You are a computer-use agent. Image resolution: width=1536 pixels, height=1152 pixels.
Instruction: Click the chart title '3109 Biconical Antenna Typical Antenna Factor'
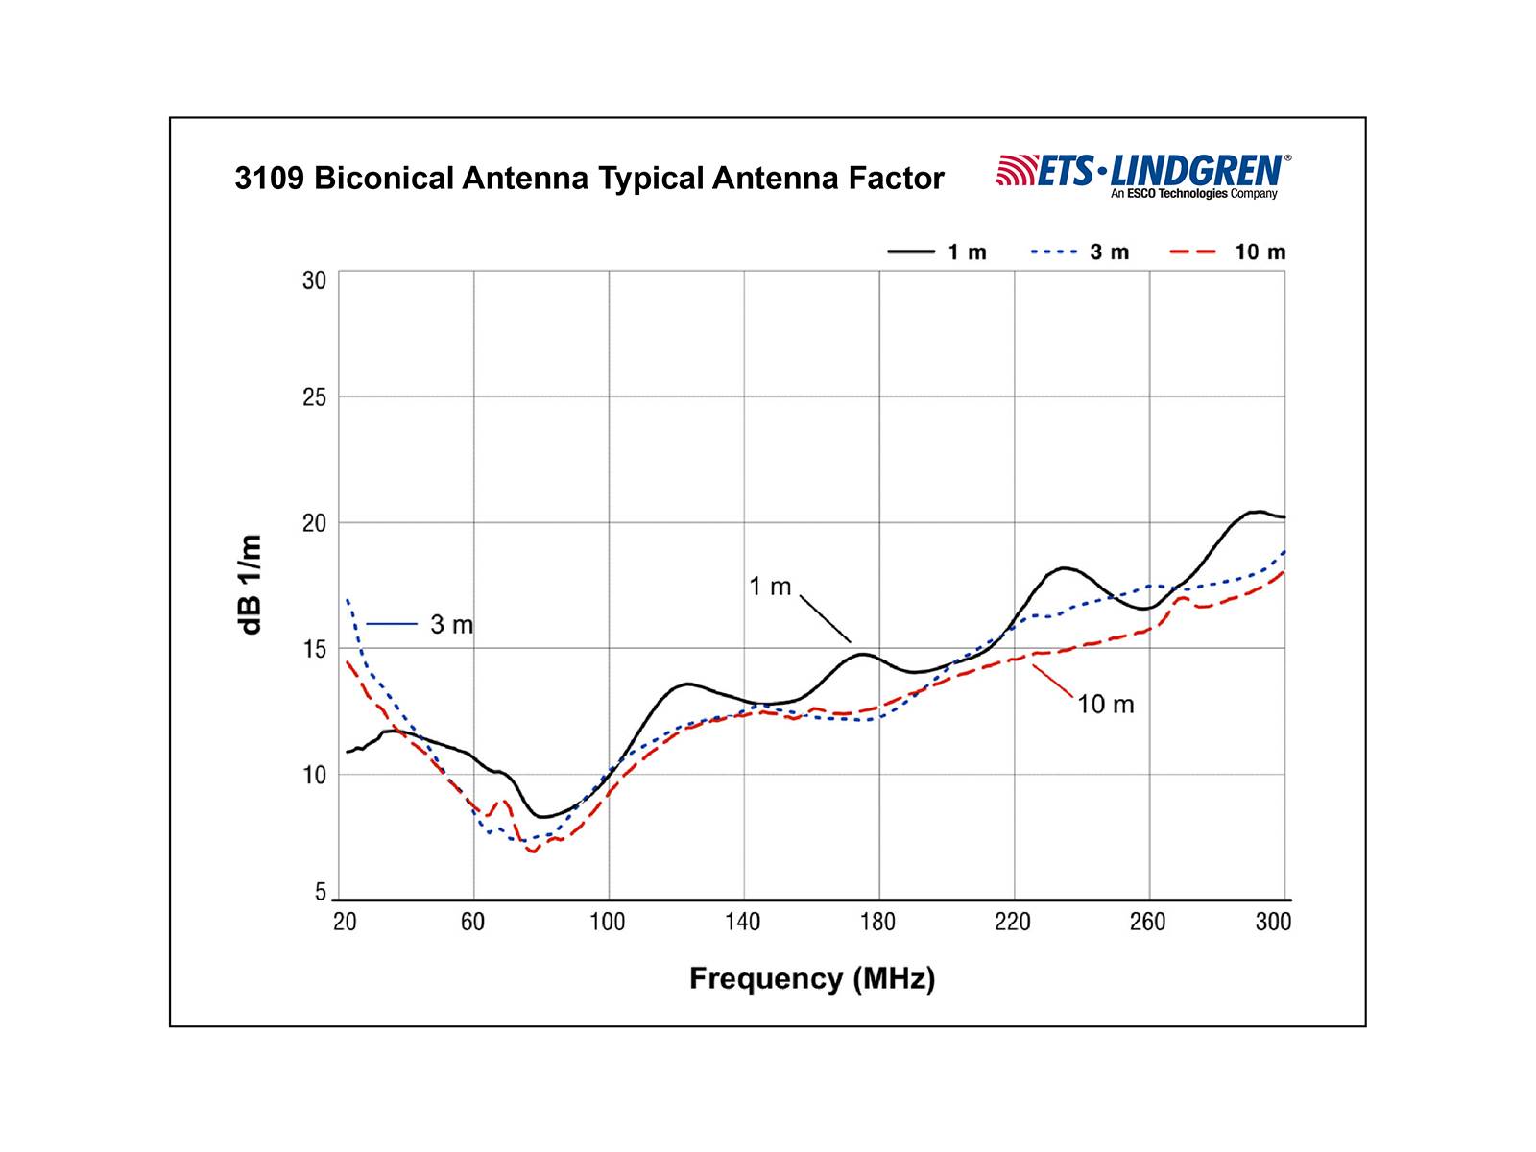click(589, 179)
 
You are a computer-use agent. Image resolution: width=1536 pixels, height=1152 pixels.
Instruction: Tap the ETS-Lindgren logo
click(1143, 176)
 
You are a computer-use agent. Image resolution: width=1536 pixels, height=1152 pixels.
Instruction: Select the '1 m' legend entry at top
click(937, 252)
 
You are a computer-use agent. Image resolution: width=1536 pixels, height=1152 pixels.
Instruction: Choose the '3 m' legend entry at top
click(1080, 252)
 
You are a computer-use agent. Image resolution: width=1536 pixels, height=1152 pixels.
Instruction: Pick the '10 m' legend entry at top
click(1228, 252)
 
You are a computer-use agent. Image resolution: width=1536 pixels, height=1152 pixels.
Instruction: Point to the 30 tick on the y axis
click(314, 280)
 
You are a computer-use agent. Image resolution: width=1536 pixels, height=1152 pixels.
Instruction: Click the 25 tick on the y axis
click(314, 397)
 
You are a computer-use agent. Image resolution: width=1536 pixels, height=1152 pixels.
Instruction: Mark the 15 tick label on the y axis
click(314, 649)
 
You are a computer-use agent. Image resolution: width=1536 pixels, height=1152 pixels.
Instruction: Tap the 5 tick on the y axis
click(321, 893)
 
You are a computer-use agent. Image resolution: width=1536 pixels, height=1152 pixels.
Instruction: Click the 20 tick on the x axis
click(345, 923)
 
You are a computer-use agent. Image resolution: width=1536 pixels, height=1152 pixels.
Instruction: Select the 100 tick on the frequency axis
click(608, 923)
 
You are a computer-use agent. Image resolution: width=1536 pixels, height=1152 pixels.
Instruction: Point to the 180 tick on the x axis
click(877, 923)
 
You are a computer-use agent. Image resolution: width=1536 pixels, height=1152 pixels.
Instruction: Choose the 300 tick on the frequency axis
click(1273, 923)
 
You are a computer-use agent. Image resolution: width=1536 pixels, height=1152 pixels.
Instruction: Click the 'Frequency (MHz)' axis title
click(812, 979)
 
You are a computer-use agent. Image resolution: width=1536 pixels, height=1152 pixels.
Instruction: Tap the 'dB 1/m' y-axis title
click(251, 585)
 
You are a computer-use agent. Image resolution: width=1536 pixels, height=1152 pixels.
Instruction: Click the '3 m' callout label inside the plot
click(451, 625)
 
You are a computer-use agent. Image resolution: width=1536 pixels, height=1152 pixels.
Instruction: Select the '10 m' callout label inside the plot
click(1105, 705)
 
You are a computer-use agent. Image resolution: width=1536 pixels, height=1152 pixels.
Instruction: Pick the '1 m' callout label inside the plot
click(770, 587)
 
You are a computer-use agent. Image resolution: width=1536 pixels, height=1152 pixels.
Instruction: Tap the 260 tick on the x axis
click(1147, 923)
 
